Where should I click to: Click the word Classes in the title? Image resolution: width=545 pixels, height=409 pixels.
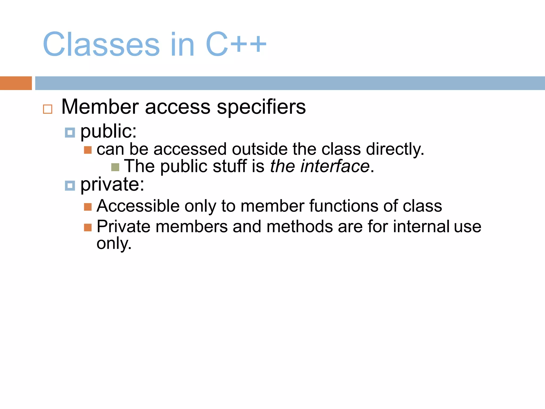pos(101,44)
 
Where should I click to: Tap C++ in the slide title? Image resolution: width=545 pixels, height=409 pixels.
pos(236,44)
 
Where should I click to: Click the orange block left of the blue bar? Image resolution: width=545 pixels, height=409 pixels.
pos(16,83)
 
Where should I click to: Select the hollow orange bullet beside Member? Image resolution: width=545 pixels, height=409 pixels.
pos(48,109)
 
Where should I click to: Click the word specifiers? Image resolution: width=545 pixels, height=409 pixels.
pos(261,107)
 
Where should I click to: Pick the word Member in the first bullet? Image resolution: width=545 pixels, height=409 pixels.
pos(100,107)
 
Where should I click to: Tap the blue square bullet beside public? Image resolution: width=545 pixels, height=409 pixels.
pos(70,132)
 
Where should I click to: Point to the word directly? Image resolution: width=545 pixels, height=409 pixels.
pos(395,149)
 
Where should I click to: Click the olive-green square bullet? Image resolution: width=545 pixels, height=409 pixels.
pos(115,167)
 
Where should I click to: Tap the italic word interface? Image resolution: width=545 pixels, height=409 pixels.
pos(335,166)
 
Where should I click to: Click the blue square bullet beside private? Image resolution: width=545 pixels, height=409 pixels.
pos(70,186)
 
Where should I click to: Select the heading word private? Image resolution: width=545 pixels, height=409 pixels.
pos(112,185)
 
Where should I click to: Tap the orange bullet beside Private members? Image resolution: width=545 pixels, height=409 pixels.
pos(88,227)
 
